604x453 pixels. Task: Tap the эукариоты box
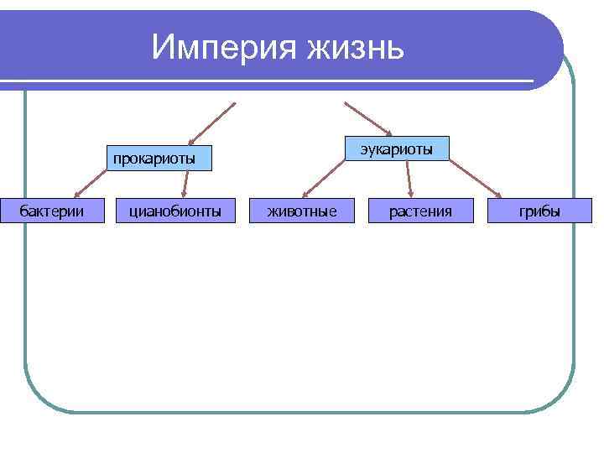pos(398,149)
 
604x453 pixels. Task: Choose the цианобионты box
pos(175,211)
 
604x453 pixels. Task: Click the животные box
pos(303,211)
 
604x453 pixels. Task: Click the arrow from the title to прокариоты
pos(212,123)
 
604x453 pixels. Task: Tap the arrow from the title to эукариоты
pos(367,118)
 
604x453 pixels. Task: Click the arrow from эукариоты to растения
pos(409,179)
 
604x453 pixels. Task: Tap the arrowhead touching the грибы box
pos(498,196)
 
